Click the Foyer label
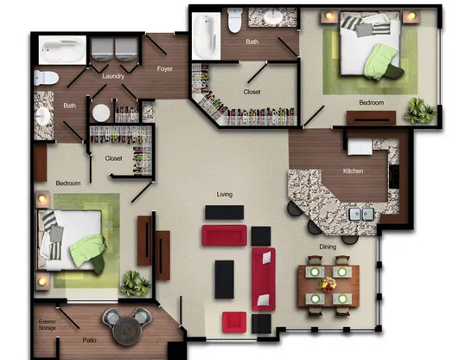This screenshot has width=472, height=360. click(164, 68)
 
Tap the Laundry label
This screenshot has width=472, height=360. click(113, 76)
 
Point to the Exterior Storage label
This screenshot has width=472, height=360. click(48, 325)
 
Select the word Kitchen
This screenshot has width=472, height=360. click(353, 170)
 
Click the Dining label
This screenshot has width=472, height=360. click(328, 247)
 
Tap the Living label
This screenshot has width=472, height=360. click(225, 195)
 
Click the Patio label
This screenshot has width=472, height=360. click(89, 340)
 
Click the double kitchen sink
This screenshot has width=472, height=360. click(361, 215)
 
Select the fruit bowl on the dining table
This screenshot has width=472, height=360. click(328, 285)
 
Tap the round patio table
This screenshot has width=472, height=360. click(127, 331)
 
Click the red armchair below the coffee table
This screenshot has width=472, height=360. click(234, 322)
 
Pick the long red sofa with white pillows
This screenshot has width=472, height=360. click(264, 280)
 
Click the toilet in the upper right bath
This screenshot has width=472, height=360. click(235, 20)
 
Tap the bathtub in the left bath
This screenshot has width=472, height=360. click(62, 50)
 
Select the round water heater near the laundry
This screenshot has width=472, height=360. click(101, 112)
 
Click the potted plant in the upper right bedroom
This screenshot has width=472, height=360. click(420, 110)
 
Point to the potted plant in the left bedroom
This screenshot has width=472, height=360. click(136, 283)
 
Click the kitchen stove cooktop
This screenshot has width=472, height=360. click(394, 177)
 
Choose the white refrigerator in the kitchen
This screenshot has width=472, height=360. click(360, 147)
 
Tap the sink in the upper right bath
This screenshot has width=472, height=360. click(273, 16)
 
